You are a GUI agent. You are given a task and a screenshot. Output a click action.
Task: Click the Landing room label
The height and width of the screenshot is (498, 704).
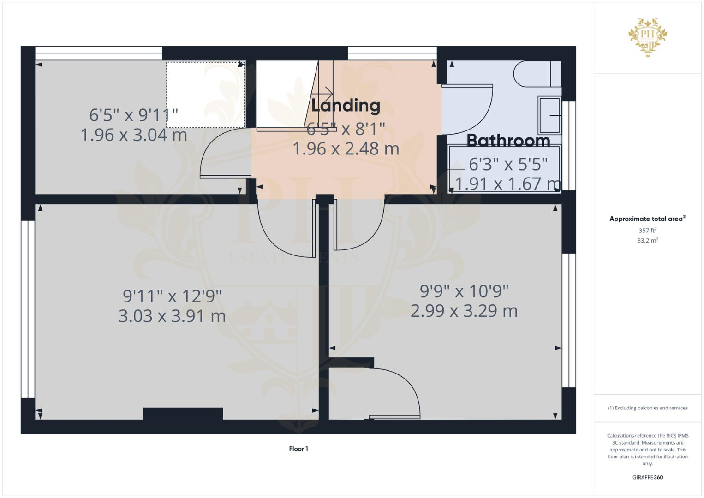pyautogui.click(x=346, y=106)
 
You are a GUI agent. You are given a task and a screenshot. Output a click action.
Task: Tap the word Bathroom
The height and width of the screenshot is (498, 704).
pyautogui.click(x=508, y=140)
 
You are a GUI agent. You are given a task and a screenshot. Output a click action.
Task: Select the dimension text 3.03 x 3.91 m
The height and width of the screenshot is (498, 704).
pyautogui.click(x=172, y=316)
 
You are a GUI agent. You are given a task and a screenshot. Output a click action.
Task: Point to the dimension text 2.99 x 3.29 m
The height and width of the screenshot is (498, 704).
pyautogui.click(x=464, y=311)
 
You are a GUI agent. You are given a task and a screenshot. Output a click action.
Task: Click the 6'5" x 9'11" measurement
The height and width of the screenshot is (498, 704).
pyautogui.click(x=134, y=114)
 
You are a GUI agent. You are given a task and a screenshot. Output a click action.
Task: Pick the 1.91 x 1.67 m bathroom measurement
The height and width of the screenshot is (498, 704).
pyautogui.click(x=508, y=184)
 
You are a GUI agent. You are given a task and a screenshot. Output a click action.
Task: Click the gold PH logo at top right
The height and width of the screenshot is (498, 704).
pyautogui.click(x=648, y=37)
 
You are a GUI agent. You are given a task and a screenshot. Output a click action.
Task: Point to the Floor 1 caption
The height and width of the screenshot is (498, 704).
pyautogui.click(x=298, y=449)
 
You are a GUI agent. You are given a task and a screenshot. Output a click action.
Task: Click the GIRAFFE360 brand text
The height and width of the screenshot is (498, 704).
pyautogui.click(x=648, y=477)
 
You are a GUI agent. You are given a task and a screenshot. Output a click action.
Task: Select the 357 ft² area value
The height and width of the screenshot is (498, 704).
pyautogui.click(x=648, y=230)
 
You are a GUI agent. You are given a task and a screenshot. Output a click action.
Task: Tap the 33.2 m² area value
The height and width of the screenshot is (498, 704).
pyautogui.click(x=648, y=240)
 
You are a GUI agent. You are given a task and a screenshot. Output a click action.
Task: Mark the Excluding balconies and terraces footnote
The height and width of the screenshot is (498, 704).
pyautogui.click(x=648, y=408)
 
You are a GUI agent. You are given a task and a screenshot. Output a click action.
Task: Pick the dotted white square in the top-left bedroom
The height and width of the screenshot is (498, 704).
pyautogui.click(x=205, y=95)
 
